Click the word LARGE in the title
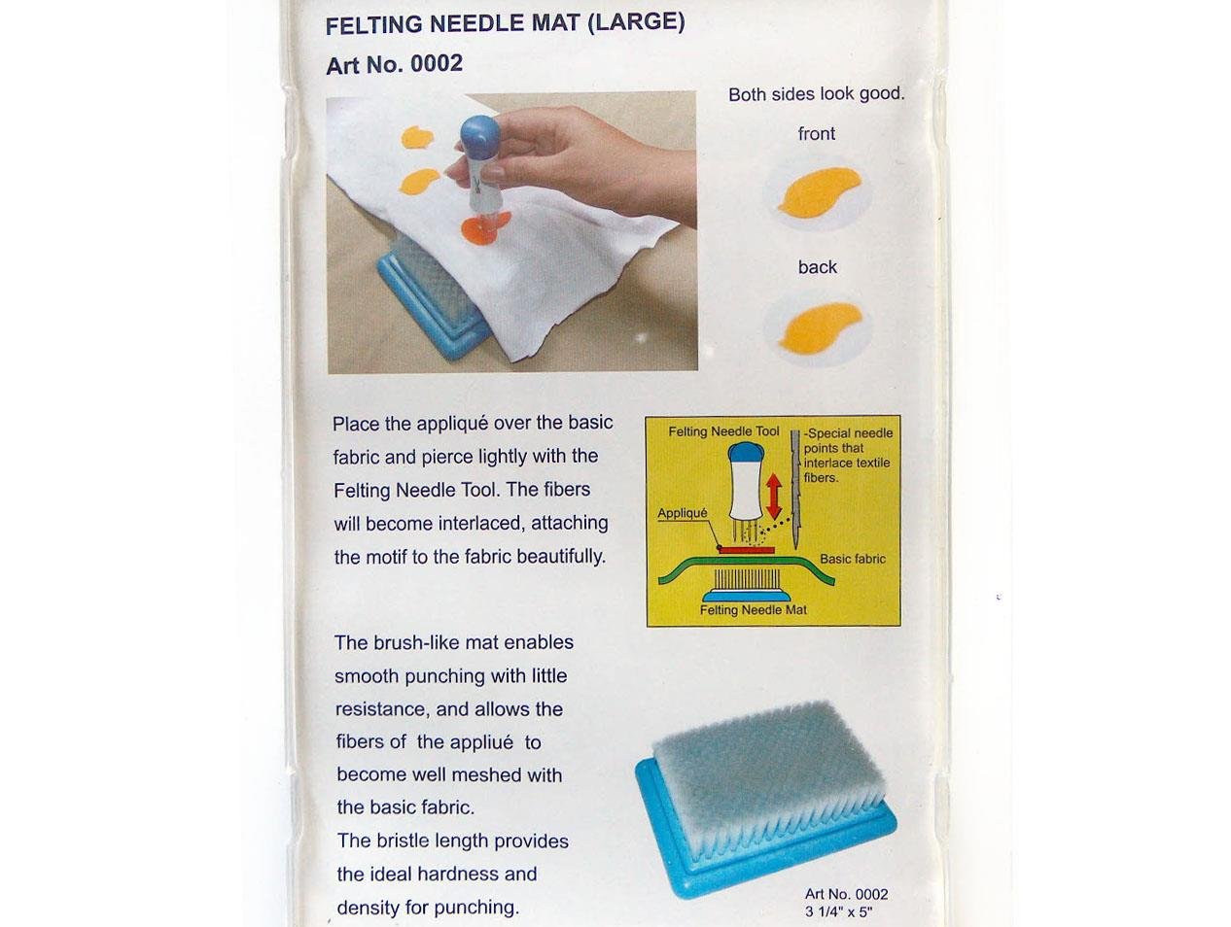(x=636, y=22)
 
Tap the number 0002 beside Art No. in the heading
(x=437, y=64)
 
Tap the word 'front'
(x=817, y=134)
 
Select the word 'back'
(x=817, y=267)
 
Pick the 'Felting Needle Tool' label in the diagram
(x=723, y=431)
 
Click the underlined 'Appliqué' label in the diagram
(x=682, y=513)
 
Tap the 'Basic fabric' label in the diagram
(x=852, y=559)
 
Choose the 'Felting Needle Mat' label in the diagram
(x=754, y=610)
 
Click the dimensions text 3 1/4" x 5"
(x=839, y=911)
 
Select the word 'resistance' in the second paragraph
(x=381, y=709)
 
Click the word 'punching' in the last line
(x=475, y=908)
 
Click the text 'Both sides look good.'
(x=817, y=94)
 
